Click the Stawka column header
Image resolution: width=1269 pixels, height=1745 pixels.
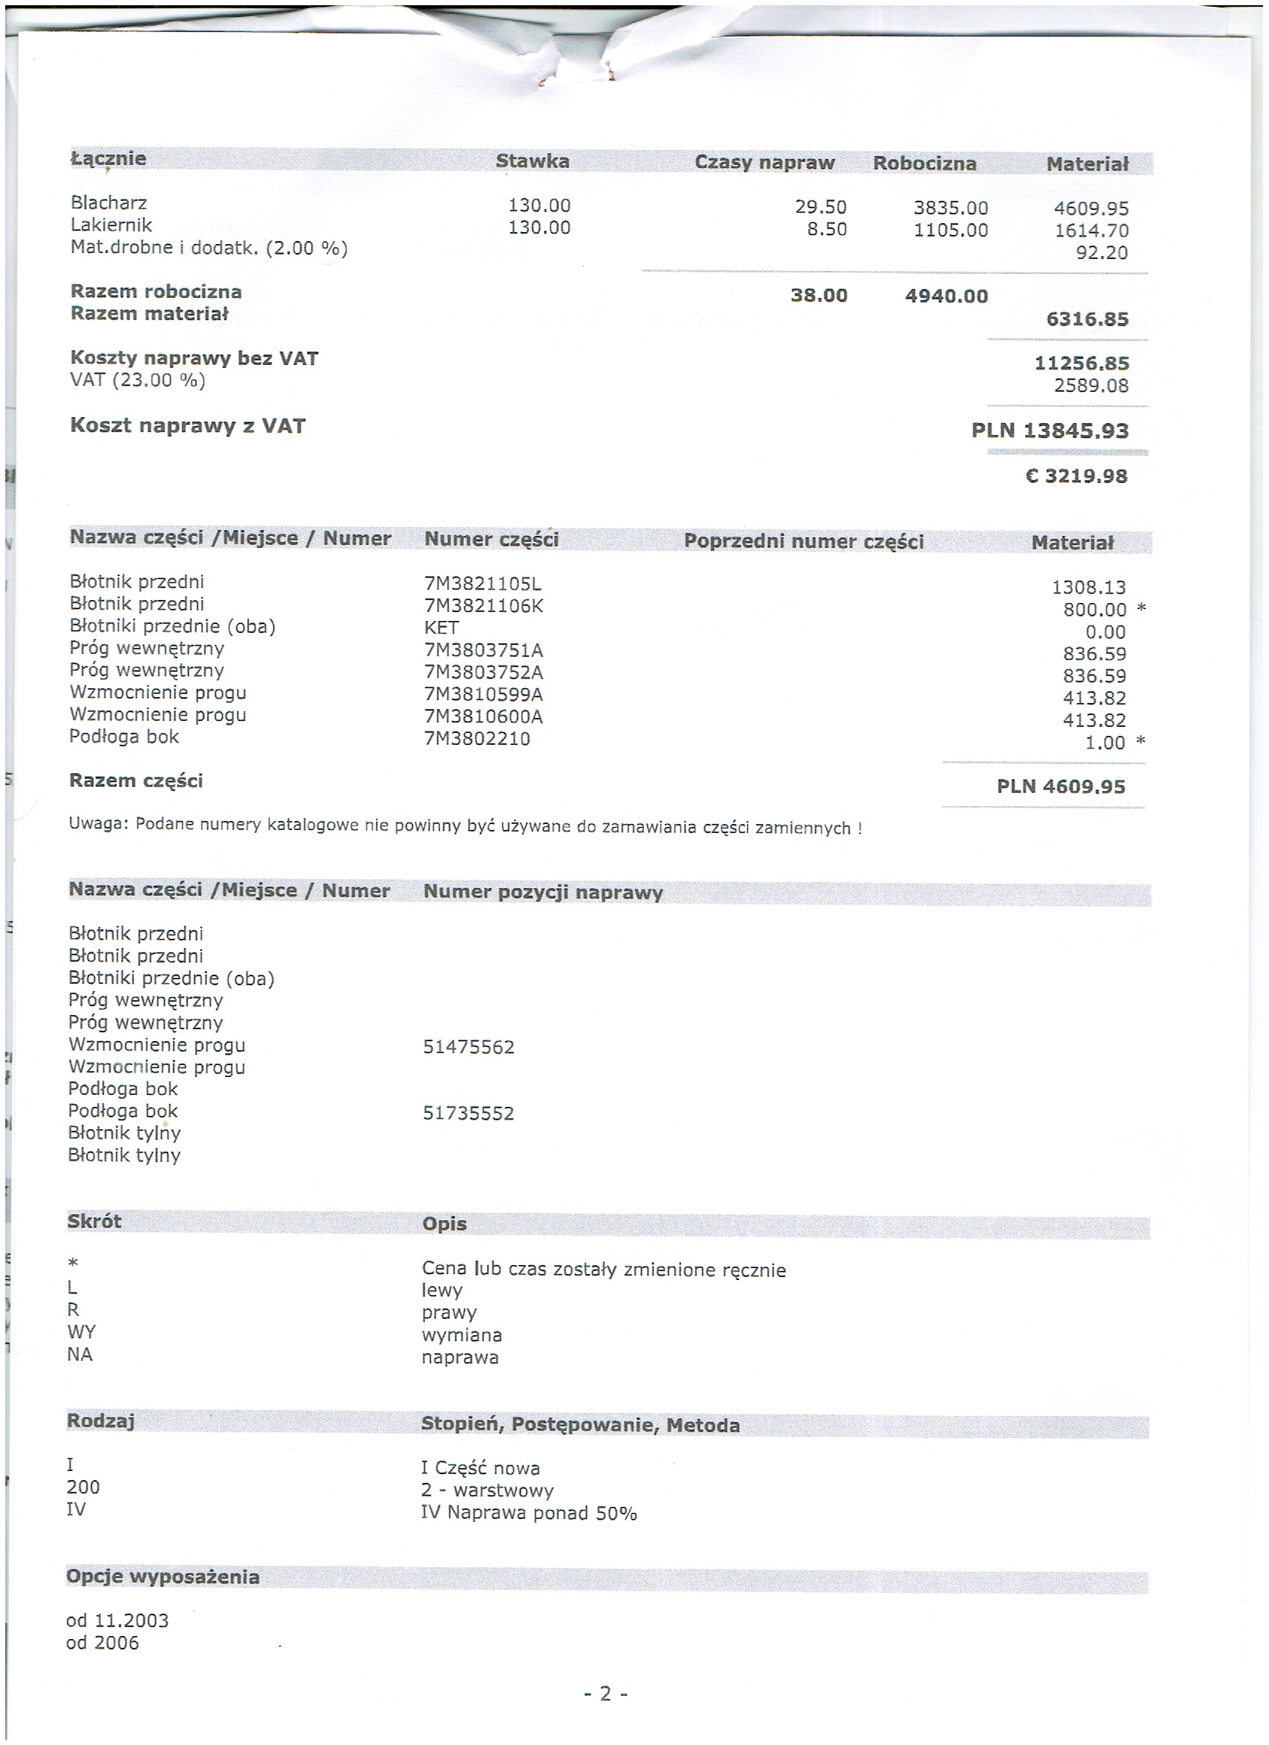pos(531,160)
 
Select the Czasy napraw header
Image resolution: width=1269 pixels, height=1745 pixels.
pos(764,163)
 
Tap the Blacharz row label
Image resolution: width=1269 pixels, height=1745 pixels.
pos(108,202)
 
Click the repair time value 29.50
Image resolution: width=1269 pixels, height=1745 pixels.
pos(820,207)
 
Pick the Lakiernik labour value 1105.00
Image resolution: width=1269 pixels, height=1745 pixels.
pos(950,230)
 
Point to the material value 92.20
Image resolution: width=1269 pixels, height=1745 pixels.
pos(1101,252)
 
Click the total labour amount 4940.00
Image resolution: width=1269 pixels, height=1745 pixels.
pos(946,296)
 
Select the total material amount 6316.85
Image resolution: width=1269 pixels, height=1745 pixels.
pos(1087,319)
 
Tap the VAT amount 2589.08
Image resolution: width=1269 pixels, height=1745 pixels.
pos(1091,385)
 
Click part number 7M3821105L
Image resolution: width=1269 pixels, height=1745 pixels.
pos(482,584)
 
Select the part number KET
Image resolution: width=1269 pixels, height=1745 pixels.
pos(441,628)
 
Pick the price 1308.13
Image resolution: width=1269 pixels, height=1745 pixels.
pos(1088,588)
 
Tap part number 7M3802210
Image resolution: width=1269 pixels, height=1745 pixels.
pos(476,739)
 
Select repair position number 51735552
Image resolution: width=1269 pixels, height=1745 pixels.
pos(468,1114)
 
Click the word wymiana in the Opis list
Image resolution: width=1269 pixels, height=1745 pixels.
pos(461,1335)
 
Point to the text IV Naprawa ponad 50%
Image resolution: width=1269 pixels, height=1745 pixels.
pos(528,1513)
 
